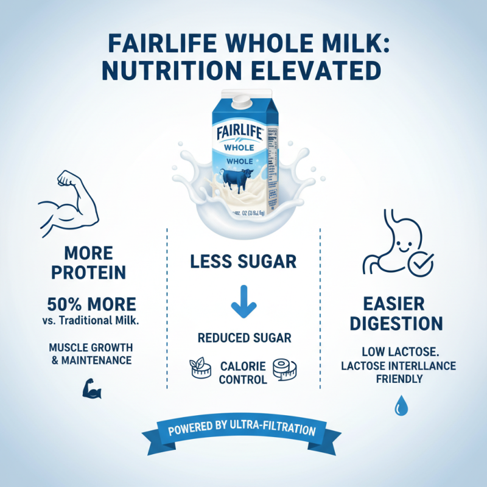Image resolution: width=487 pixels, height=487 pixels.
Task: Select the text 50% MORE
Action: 91,304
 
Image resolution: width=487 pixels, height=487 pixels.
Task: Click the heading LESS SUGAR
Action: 243,262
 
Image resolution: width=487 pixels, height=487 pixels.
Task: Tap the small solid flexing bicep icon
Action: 91,388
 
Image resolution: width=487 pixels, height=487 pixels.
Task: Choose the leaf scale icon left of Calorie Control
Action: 199,368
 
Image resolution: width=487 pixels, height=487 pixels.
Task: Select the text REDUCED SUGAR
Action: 243,338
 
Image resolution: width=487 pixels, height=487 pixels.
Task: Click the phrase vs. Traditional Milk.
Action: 91,320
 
